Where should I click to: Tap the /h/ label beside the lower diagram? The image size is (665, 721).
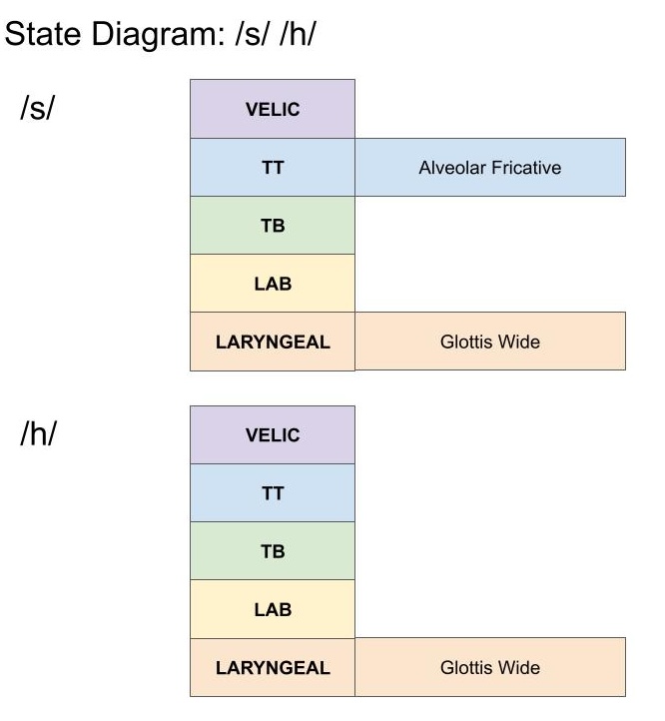(x=37, y=435)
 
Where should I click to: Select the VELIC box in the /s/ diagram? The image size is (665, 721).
(x=273, y=109)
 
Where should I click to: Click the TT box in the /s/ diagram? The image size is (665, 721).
(x=273, y=167)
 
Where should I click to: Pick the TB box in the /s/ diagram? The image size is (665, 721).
(x=273, y=225)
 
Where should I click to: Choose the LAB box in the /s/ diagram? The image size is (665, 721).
(x=273, y=283)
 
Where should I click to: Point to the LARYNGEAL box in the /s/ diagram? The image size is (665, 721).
(x=273, y=342)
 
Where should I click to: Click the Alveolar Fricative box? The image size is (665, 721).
(x=489, y=167)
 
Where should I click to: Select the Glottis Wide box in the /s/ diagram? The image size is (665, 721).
(x=489, y=342)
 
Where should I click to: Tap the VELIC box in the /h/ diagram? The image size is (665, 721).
(x=273, y=434)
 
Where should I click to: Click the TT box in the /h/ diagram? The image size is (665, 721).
(x=273, y=492)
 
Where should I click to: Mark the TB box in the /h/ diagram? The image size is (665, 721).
(x=273, y=550)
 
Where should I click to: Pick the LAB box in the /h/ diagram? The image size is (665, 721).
(x=273, y=608)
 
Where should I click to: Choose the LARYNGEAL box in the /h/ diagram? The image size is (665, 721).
(x=273, y=667)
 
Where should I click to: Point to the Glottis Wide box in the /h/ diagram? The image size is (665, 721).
(x=489, y=667)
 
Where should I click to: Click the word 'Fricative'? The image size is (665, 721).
(x=525, y=167)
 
